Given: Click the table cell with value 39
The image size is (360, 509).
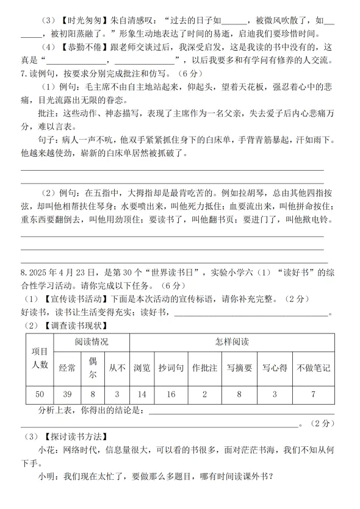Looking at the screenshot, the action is tap(67, 394).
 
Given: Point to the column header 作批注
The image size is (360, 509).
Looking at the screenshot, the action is tap(204, 368).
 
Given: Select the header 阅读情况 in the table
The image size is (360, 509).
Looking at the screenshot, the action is tap(92, 342).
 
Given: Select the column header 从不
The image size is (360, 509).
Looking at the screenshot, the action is tap(117, 368).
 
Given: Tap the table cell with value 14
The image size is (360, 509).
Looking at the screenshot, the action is tap(142, 394).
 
